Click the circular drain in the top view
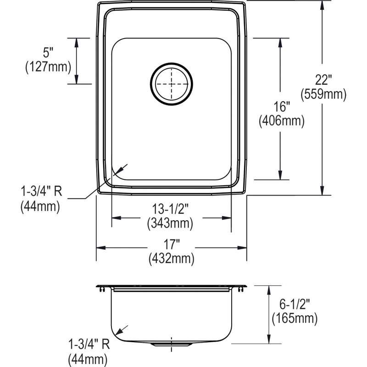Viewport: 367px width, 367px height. [x=172, y=84]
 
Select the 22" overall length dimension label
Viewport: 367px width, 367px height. [x=323, y=80]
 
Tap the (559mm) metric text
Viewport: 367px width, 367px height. [x=323, y=95]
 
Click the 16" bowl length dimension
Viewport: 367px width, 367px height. [x=282, y=106]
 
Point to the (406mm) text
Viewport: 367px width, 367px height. [x=282, y=121]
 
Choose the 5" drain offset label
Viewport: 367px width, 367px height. [x=48, y=52]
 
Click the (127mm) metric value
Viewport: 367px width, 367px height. [x=48, y=67]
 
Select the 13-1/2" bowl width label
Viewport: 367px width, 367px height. [x=170, y=209]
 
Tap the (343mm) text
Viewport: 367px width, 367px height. [x=170, y=223]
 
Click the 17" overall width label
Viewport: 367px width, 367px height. [x=172, y=245]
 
